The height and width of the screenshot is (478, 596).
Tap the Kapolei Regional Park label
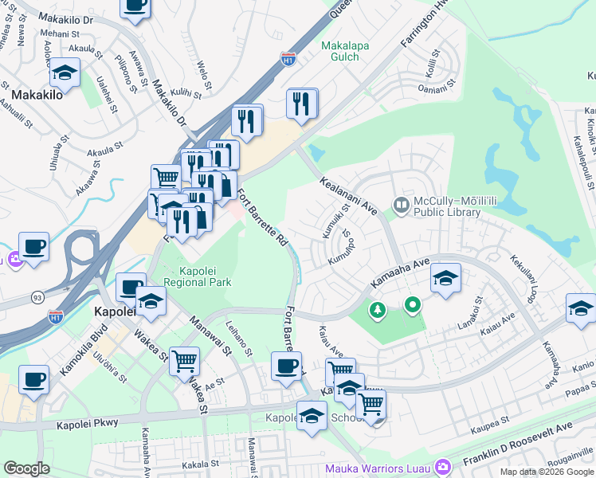point(197,276)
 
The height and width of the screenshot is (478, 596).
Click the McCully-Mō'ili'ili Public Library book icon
point(401,206)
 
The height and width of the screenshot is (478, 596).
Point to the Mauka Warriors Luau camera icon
point(444,466)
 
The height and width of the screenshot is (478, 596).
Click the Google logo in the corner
point(26,468)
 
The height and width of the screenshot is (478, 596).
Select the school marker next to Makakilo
point(65,74)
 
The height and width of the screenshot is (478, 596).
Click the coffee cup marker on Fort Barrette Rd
point(286,367)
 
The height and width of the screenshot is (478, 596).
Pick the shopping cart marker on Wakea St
point(185,361)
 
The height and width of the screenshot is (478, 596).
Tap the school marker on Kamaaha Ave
point(445,278)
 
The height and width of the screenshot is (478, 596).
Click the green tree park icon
point(375,311)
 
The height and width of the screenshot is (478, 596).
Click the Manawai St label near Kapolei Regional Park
point(210,335)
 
